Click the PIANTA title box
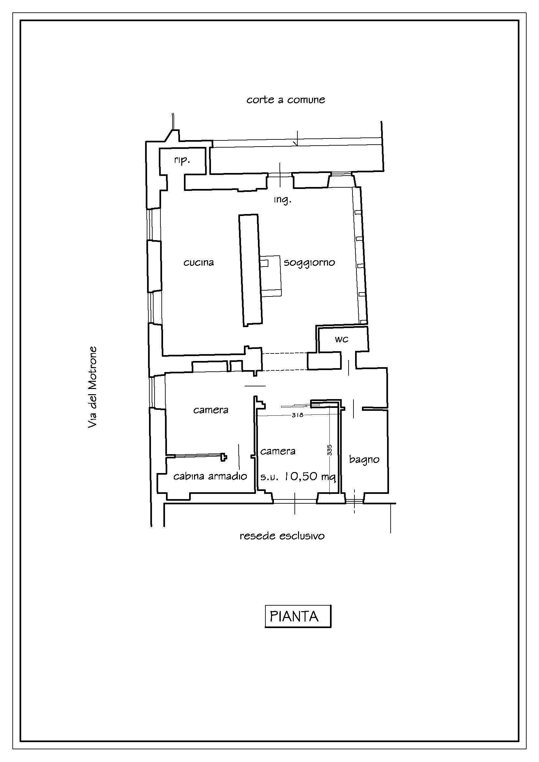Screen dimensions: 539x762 (298, 617)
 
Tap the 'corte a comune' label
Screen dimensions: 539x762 (286, 100)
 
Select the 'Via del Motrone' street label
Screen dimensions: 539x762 (92, 387)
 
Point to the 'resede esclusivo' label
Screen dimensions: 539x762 (282, 536)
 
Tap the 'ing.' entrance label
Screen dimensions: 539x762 (282, 200)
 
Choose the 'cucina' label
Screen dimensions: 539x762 (199, 263)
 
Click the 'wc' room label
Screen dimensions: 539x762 (342, 339)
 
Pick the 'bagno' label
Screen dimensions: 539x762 (364, 460)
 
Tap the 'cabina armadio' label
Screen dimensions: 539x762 (210, 477)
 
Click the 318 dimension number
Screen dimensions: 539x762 (297, 415)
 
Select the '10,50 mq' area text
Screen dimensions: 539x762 (310, 477)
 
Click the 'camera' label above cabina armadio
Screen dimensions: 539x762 (211, 410)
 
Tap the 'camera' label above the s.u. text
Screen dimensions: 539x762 (277, 451)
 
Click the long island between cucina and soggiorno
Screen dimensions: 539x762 (251, 270)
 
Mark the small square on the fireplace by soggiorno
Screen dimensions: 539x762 (264, 264)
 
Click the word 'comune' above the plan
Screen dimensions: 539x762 (306, 100)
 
